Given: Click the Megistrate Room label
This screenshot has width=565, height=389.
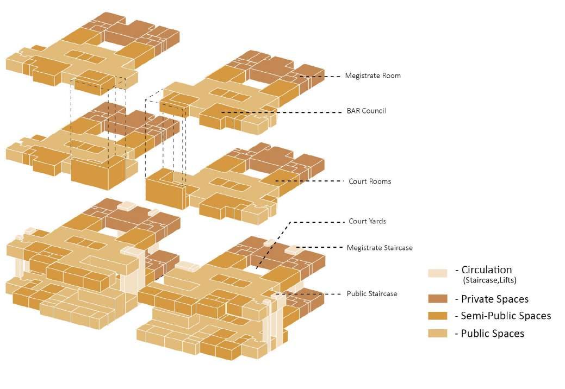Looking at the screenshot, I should pyautogui.click(x=372, y=76).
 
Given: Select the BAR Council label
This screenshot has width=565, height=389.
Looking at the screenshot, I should pyautogui.click(x=366, y=111).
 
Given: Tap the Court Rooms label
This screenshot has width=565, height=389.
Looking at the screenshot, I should pyautogui.click(x=369, y=181).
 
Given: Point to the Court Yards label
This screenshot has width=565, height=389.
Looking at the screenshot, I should pyautogui.click(x=367, y=222).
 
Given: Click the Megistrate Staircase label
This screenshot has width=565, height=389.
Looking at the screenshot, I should pyautogui.click(x=380, y=248).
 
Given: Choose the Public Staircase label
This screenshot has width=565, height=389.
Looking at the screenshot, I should pyautogui.click(x=372, y=294).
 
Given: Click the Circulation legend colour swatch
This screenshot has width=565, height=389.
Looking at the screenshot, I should pyautogui.click(x=438, y=273).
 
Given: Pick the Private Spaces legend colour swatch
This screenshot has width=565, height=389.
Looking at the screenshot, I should pyautogui.click(x=438, y=299).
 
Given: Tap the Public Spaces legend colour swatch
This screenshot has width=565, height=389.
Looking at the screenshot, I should pyautogui.click(x=438, y=333).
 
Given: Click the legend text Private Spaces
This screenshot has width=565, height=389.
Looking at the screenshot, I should pyautogui.click(x=494, y=299).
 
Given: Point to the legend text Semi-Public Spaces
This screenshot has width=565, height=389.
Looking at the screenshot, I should pyautogui.click(x=506, y=316).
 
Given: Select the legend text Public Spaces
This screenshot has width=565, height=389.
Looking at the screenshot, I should pyautogui.click(x=492, y=334).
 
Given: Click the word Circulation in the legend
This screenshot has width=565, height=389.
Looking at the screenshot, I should pyautogui.click(x=486, y=269).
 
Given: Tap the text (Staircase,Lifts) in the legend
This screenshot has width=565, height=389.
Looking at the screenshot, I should pyautogui.click(x=489, y=281).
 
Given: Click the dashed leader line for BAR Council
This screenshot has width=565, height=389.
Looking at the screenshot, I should pyautogui.click(x=283, y=112).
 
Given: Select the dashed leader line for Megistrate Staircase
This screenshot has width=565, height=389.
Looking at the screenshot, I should pyautogui.click(x=321, y=248).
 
